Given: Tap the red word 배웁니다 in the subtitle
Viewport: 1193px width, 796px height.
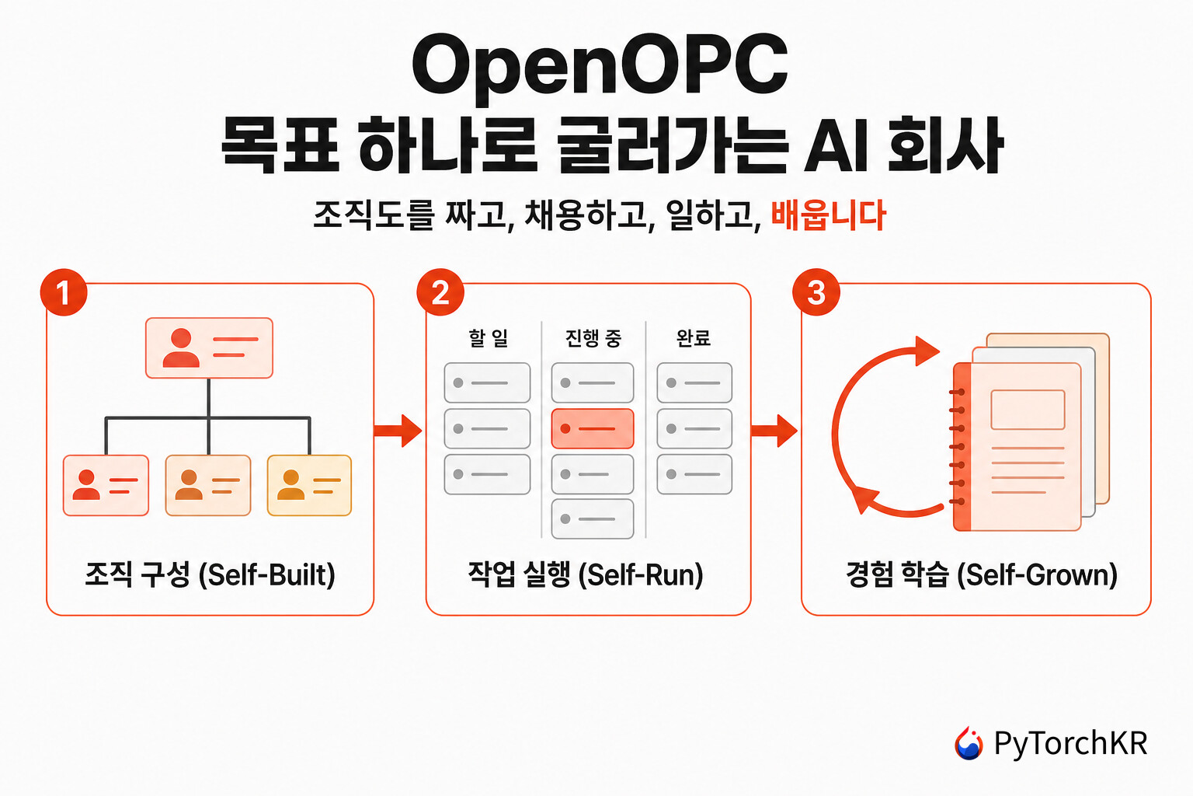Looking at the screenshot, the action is [x=828, y=215].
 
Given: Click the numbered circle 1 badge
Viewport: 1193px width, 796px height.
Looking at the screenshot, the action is [x=64, y=292].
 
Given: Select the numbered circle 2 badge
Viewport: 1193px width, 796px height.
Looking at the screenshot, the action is [x=440, y=292].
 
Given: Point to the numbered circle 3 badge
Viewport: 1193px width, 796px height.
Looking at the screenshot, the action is [x=816, y=292].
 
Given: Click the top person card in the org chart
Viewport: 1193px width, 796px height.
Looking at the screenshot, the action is [x=209, y=347].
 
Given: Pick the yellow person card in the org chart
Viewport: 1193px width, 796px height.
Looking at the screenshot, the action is [x=309, y=485].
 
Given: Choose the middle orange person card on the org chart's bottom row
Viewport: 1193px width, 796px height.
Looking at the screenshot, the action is [x=208, y=485].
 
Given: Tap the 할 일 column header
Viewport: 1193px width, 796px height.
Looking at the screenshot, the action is [x=489, y=338].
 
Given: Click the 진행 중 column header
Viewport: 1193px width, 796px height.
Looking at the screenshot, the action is [x=593, y=338].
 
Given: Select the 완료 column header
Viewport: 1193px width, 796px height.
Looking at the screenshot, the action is [x=694, y=338].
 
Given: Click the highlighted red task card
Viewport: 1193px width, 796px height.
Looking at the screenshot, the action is [x=593, y=428].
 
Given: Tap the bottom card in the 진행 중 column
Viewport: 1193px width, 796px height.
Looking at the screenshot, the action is [x=593, y=518].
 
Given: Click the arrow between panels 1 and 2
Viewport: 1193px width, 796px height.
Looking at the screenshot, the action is [x=398, y=430].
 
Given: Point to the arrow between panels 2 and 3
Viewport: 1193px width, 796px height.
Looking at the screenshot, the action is [x=774, y=430].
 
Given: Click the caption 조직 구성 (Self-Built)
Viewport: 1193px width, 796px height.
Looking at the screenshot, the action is [x=210, y=574].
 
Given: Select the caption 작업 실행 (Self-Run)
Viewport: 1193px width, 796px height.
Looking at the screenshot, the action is [x=586, y=574].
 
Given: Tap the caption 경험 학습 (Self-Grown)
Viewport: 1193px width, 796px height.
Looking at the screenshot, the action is [x=982, y=574].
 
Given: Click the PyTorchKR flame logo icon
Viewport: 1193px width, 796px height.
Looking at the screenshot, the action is [x=969, y=742].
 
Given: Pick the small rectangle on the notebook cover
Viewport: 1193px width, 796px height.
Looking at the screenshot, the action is [x=1028, y=410].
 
